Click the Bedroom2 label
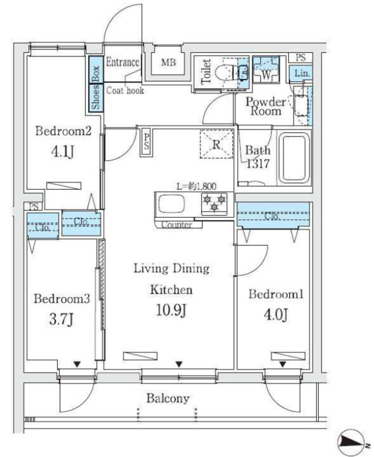pyautogui.click(x=63, y=131)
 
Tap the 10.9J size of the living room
pyautogui.click(x=171, y=311)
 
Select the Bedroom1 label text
pyautogui.click(x=276, y=294)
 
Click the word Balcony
pyautogui.click(x=168, y=398)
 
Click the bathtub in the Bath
pyautogui.click(x=294, y=158)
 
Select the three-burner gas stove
pyautogui.click(x=214, y=203)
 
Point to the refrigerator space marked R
pyautogui.click(x=217, y=144)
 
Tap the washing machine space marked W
pyautogui.click(x=266, y=70)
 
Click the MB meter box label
pyautogui.click(x=169, y=62)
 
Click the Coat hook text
pyautogui.click(x=125, y=90)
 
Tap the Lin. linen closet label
pyautogui.click(x=302, y=73)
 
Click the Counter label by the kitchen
pyautogui.click(x=177, y=225)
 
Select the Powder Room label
pyautogui.click(x=266, y=106)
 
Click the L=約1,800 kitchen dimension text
pyautogui.click(x=197, y=186)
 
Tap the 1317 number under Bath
pyautogui.click(x=258, y=164)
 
